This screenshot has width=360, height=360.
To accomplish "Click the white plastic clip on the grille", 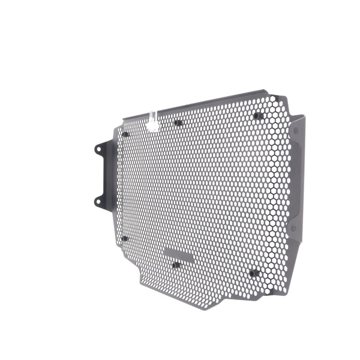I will point(153,122).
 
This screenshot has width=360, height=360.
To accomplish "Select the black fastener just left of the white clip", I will point(125,134).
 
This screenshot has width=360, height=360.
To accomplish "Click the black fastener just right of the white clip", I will point(178,123).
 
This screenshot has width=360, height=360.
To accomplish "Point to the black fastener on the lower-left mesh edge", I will point(125,238).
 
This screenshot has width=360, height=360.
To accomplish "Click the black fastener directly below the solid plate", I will point(176,265).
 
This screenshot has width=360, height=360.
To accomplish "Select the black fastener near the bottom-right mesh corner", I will point(254,273).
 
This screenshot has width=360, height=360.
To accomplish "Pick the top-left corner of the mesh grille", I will point(120,124).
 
